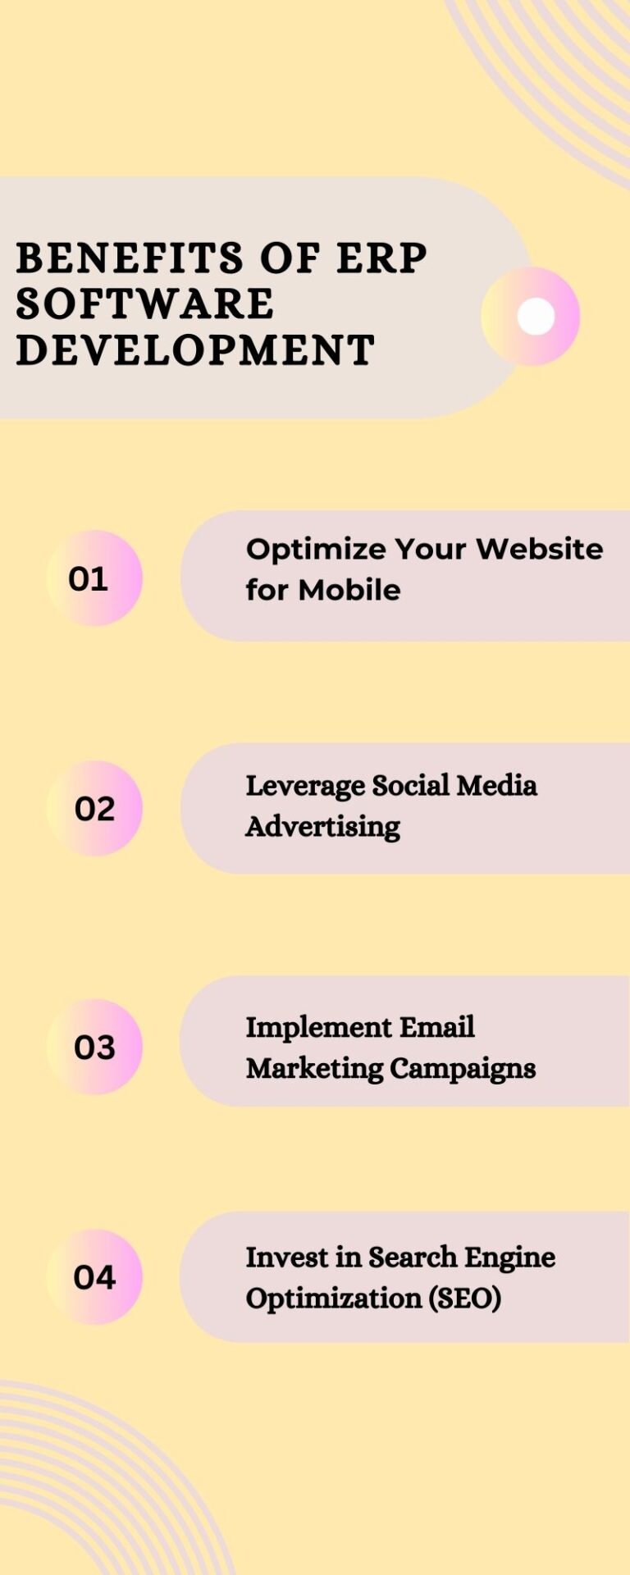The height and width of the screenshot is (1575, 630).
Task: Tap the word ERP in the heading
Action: [382, 258]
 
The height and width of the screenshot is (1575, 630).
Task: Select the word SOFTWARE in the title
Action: [145, 304]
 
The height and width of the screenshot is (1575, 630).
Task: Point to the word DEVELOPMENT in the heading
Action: [195, 349]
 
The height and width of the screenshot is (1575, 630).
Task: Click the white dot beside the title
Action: [536, 316]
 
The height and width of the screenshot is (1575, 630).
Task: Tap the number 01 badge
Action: [94, 578]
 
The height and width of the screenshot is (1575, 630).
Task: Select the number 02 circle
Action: [94, 809]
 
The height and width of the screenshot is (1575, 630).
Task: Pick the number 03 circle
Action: [94, 1047]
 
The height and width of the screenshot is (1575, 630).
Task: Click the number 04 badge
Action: [94, 1276]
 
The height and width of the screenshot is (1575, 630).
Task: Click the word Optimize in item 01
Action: [315, 550]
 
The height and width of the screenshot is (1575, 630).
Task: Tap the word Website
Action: [540, 548]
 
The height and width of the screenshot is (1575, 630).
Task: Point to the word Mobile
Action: [349, 589]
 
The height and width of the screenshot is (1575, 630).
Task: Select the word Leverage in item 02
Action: [305, 786]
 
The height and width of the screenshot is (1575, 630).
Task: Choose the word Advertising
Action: [323, 827]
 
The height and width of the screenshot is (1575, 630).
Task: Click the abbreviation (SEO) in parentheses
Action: [464, 1299]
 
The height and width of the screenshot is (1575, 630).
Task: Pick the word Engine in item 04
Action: [509, 1258]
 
